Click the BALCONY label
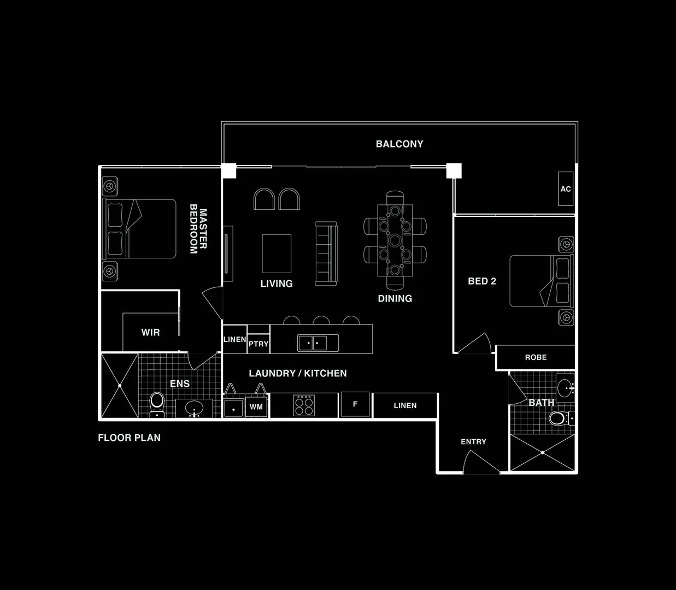coord(399,144)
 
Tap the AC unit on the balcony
coord(566,188)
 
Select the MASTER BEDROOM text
coord(198,229)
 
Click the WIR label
coord(150,332)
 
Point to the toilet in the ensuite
coord(157,404)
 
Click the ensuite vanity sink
coord(194,409)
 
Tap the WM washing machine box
coord(256,407)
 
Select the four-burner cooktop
coord(304,405)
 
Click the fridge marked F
coord(355,404)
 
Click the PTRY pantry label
coord(258,344)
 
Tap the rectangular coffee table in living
coord(277,253)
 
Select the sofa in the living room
coord(326,253)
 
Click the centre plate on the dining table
coord(395,240)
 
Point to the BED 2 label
coord(482,281)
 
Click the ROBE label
coord(536,357)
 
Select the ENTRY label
coord(473,442)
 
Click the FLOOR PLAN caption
coord(129,438)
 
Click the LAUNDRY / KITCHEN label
coord(298,374)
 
